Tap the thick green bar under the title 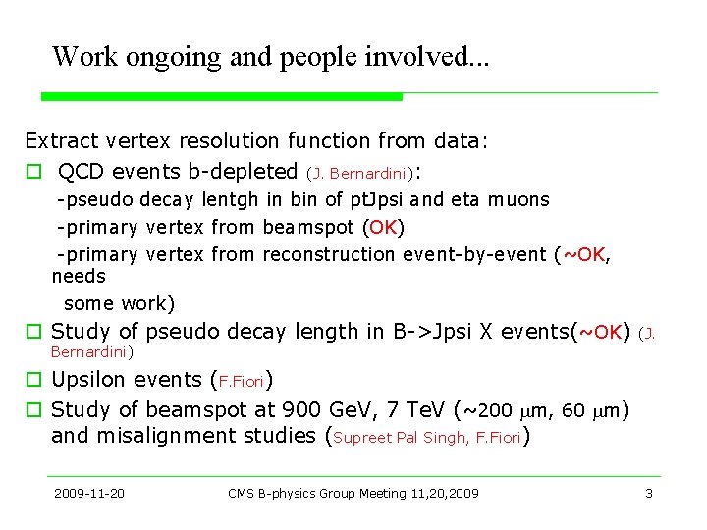click(x=221, y=96)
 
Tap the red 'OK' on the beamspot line click(x=383, y=228)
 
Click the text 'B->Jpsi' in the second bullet click(x=435, y=331)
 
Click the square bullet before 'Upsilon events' click(x=33, y=380)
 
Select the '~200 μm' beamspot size click(x=505, y=409)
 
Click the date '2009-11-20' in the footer click(x=89, y=493)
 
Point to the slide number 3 click(x=648, y=493)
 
